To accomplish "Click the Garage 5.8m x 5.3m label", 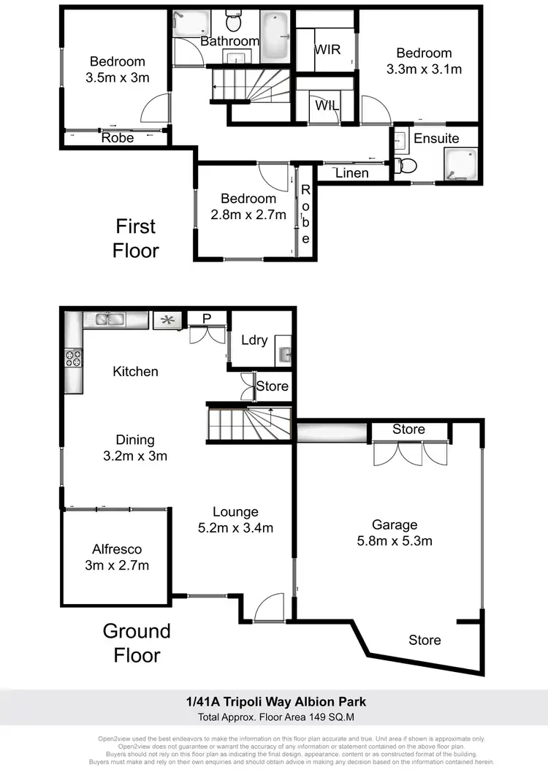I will tap(395, 533).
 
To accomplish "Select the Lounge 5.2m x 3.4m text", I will tap(235, 520).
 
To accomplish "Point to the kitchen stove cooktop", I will tap(74, 358).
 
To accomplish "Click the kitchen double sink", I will tap(107, 318).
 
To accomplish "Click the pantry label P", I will tap(206, 318).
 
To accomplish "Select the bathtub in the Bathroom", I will tap(275, 36).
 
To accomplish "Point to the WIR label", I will tap(327, 50).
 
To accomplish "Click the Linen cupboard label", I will tap(351, 173).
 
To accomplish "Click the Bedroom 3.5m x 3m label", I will tap(117, 70).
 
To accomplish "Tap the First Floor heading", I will tap(136, 237).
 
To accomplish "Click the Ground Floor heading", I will tap(136, 643).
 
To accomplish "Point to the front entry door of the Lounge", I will tap(270, 606).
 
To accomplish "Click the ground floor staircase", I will tap(248, 424).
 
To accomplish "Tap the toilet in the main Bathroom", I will tap(234, 22).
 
